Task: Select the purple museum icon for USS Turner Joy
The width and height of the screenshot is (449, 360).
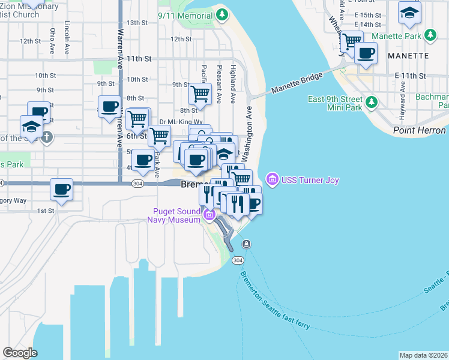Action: coord(271,179)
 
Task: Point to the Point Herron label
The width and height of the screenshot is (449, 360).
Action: coord(420,130)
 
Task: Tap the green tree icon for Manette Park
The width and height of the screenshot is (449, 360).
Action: coord(430,36)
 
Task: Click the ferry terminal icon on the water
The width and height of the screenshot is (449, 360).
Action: coord(247,244)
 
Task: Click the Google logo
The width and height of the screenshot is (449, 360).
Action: coord(20,353)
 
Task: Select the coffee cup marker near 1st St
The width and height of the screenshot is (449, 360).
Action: coord(62,189)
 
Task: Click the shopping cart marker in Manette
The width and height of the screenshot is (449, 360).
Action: coord(352,41)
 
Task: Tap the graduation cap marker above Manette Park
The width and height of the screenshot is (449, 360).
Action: coord(409,13)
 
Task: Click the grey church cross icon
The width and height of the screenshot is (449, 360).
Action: coord(46,137)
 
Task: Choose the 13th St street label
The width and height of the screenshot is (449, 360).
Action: coord(137,23)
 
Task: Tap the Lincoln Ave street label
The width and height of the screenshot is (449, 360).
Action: coord(67,31)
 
